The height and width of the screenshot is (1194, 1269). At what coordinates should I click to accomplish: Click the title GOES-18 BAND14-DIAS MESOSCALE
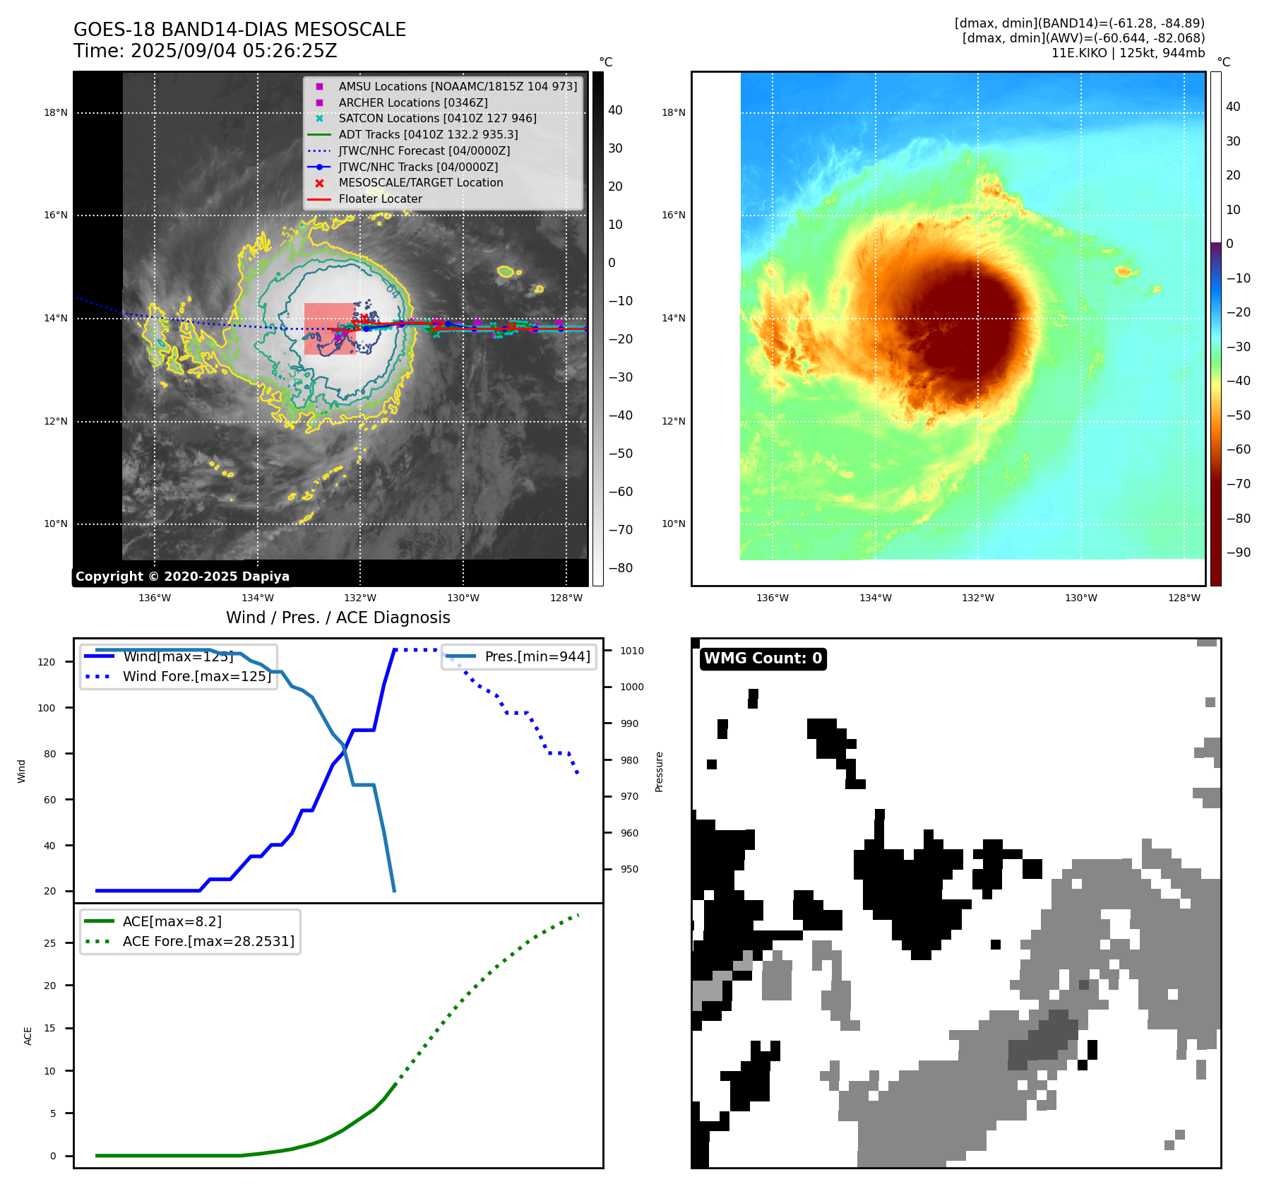(x=239, y=30)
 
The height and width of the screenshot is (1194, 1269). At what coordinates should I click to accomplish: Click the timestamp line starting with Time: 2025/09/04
(x=205, y=51)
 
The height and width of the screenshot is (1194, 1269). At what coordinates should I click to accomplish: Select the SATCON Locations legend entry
(x=437, y=118)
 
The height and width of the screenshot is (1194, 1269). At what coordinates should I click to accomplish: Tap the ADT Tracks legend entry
(x=428, y=134)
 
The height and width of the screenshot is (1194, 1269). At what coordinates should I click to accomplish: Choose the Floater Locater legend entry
(x=380, y=199)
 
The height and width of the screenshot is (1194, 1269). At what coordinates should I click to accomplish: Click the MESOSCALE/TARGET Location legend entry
(x=420, y=182)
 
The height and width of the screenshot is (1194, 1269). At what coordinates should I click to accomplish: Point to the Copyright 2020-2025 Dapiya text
(x=182, y=577)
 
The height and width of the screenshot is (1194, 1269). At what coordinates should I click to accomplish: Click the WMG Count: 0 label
(x=763, y=658)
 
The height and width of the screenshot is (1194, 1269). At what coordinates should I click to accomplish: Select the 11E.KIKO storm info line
(x=1128, y=53)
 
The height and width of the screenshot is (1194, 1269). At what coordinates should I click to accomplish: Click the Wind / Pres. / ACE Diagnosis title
(x=338, y=617)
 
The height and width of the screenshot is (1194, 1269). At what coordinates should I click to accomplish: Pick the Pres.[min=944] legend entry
(x=537, y=656)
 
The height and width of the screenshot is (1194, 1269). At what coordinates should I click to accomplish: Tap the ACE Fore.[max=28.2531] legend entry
(x=208, y=941)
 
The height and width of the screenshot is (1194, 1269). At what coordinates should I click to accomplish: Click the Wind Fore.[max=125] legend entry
(x=196, y=676)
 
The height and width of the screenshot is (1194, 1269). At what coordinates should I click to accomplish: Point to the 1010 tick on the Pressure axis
(x=632, y=651)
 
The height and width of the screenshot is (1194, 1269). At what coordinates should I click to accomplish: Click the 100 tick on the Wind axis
(x=47, y=708)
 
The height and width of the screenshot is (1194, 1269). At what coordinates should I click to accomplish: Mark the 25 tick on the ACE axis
(x=49, y=943)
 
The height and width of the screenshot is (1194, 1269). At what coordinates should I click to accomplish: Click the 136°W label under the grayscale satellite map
(x=154, y=598)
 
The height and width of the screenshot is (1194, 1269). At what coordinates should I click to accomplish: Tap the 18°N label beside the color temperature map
(x=673, y=112)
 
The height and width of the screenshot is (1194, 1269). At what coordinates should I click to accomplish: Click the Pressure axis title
(x=659, y=772)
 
